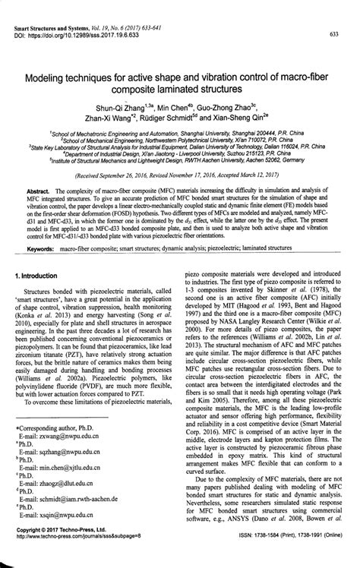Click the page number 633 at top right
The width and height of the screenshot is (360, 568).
coord(333,34)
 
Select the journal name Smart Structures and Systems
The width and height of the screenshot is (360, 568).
coord(55,26)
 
